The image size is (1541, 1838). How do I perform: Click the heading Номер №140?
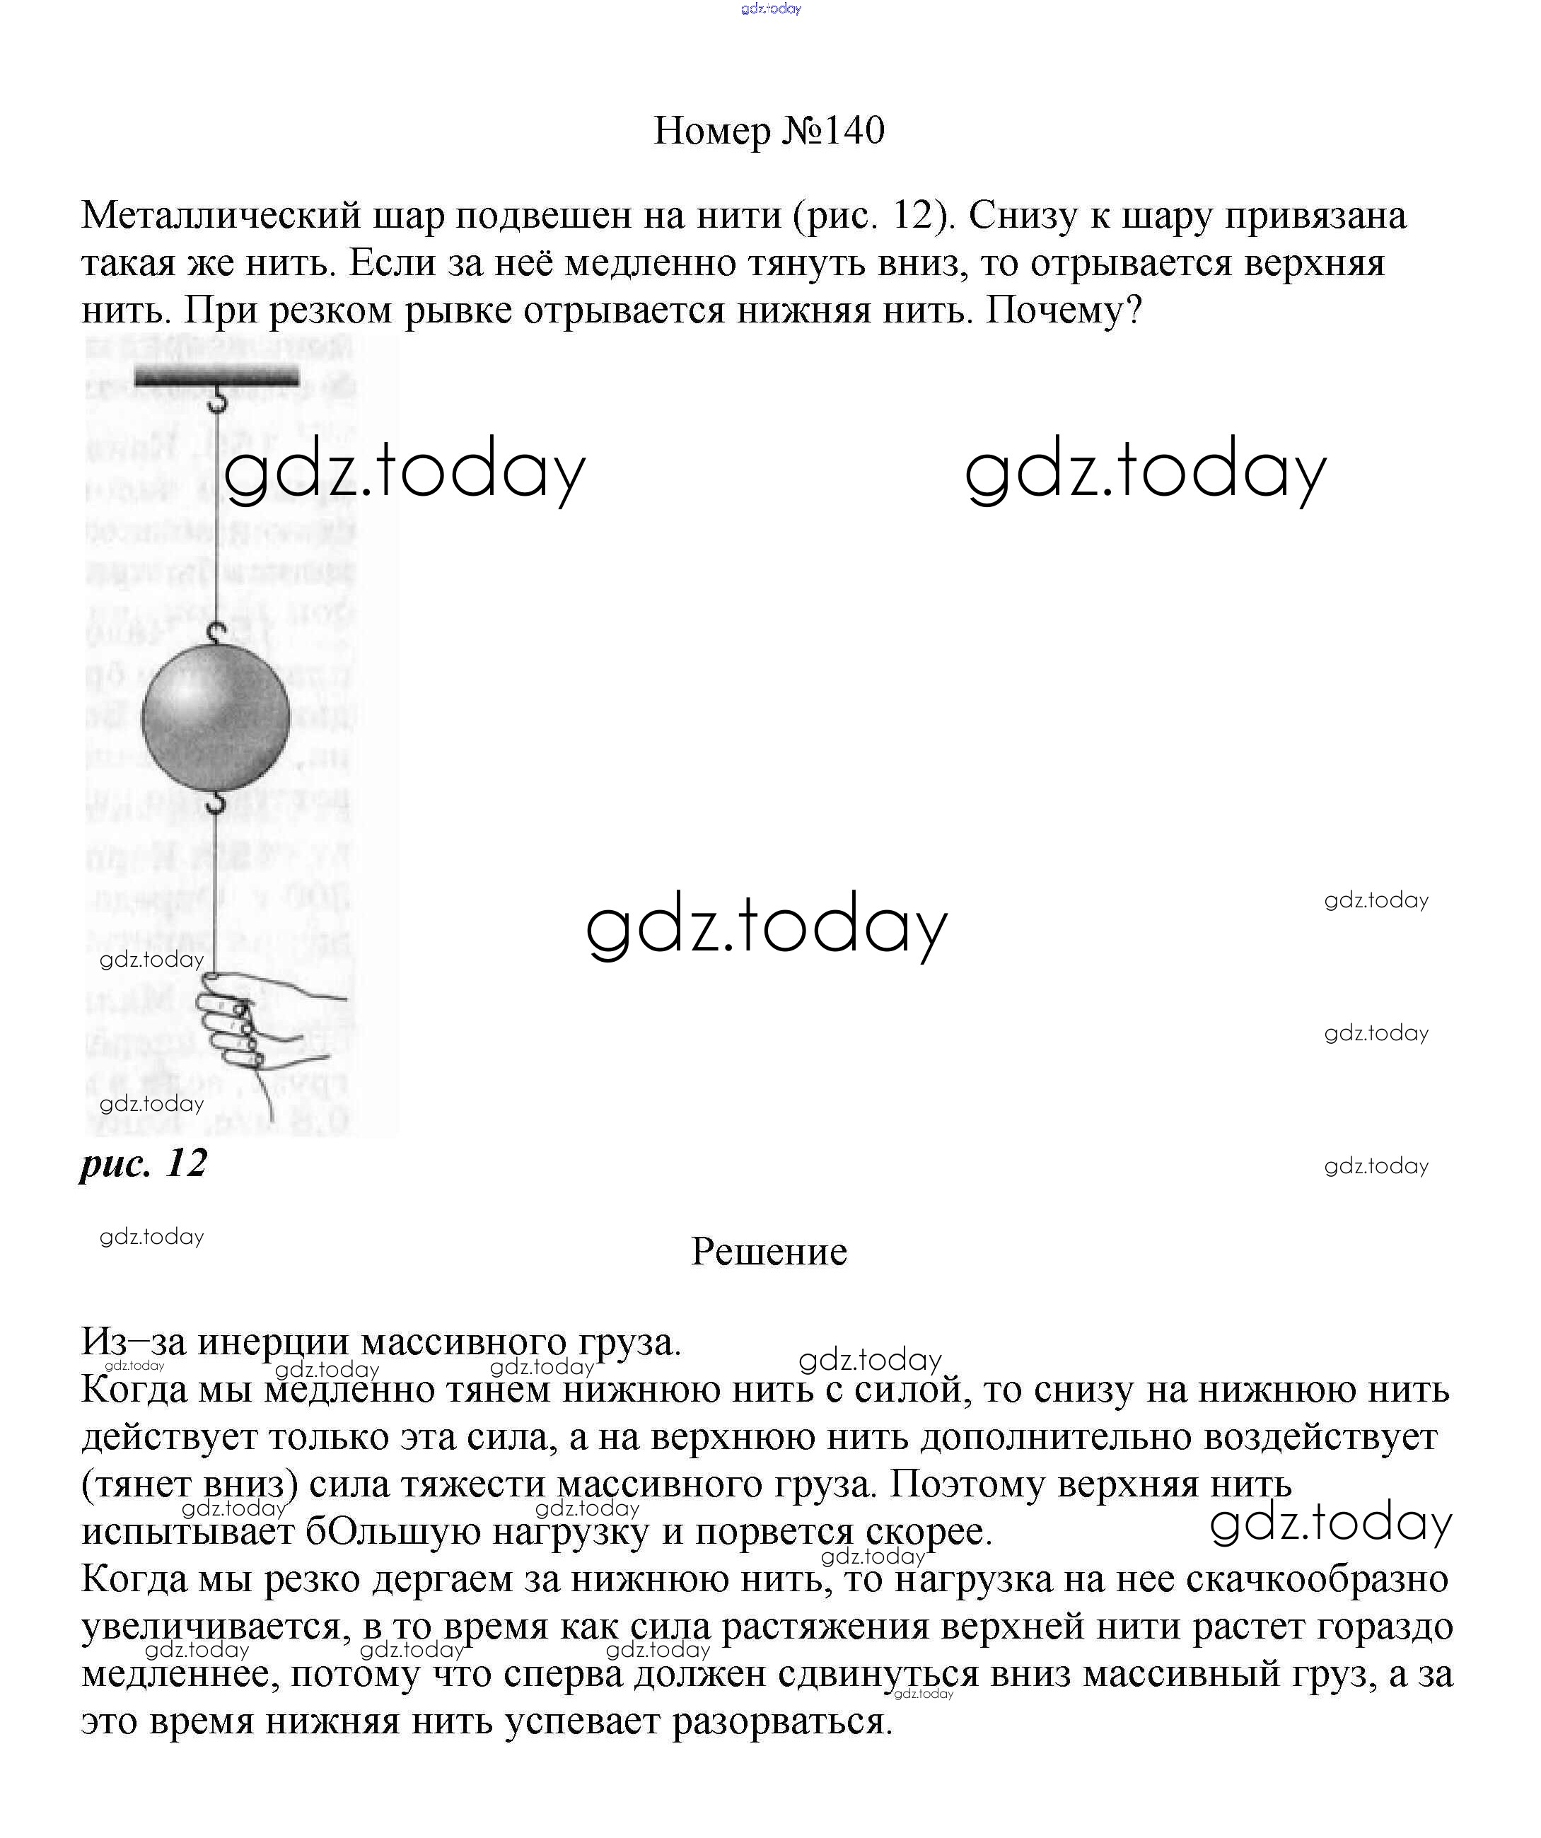tap(769, 130)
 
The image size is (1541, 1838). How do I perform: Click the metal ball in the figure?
tap(215, 717)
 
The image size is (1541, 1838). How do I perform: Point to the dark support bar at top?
tap(216, 377)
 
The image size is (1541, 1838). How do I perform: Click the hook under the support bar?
tap(217, 402)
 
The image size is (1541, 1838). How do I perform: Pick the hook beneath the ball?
tap(216, 801)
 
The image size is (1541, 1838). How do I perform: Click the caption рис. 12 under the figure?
tap(144, 1163)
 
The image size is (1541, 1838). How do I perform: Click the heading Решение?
tap(769, 1252)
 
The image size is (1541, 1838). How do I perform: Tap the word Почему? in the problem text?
tap(1064, 310)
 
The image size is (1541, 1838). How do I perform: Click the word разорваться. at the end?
tap(782, 1721)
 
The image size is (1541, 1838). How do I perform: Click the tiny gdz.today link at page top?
tap(770, 8)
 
